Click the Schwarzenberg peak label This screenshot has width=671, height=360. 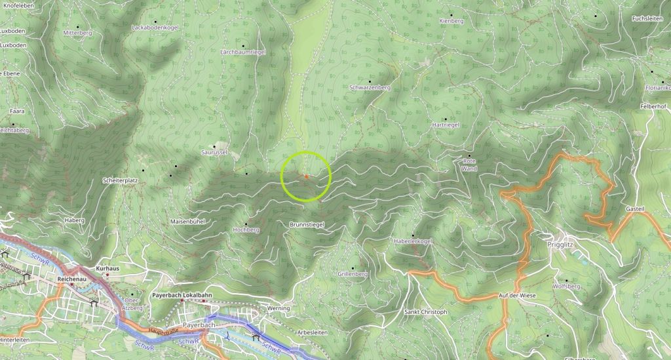pos(370,87)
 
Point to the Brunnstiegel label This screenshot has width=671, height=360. pos(307,225)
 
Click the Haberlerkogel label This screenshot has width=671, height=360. pos(413,241)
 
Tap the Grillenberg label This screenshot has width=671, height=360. pos(353,273)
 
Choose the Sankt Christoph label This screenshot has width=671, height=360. pos(425,312)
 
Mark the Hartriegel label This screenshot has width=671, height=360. pos(446,124)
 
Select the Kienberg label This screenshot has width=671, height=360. pos(451,21)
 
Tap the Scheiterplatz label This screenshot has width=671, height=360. pos(120,180)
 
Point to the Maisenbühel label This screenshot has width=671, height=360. pos(187,222)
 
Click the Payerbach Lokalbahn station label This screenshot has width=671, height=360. pos(182,296)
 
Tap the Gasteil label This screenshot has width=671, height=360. pos(636,208)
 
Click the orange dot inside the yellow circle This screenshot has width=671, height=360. pos(306,176)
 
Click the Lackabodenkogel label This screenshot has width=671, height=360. pos(155,28)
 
